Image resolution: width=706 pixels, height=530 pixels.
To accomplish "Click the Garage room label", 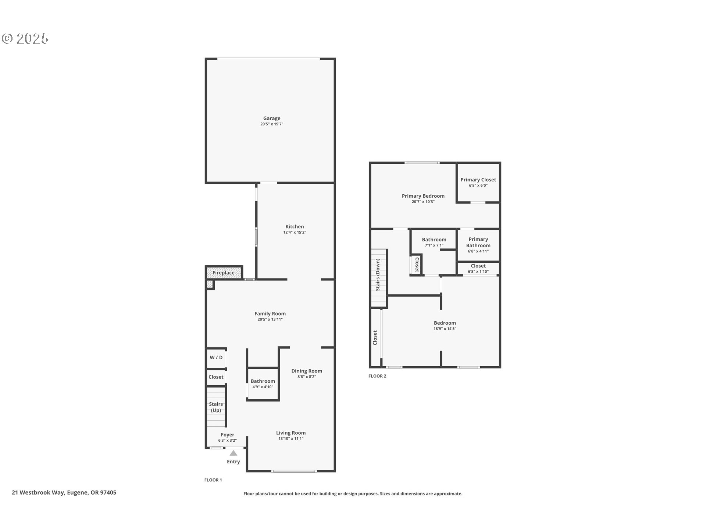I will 271,118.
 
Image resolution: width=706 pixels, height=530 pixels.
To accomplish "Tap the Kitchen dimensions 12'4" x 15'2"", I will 295,232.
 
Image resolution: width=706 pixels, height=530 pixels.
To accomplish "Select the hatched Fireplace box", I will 224,273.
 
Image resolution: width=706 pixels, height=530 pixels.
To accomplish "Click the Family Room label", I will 270,314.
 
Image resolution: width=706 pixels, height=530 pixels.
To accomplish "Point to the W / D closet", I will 216,357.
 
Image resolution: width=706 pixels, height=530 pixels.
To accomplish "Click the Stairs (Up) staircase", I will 216,407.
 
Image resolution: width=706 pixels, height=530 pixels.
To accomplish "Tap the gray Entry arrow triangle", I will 233,453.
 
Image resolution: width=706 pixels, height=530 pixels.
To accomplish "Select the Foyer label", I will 227,435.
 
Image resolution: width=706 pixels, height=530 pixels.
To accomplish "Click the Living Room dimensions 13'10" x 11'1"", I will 290,438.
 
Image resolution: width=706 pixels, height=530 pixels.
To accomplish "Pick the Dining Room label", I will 307,371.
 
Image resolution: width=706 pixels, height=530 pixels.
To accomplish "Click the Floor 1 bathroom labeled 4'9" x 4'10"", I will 263,384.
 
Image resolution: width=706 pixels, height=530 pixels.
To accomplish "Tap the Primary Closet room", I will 478,182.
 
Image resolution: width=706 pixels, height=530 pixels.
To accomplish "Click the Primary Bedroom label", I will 423,196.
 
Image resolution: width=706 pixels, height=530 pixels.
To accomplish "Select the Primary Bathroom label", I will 478,242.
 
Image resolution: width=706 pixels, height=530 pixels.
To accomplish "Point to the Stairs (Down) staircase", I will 378,278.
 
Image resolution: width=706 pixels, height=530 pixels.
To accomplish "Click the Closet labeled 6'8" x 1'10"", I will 478,268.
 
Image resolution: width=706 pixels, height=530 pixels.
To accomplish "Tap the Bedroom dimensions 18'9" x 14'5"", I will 445,329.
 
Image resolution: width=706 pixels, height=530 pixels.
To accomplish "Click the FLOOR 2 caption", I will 377,376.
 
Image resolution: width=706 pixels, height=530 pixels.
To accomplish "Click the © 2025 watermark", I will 25,38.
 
